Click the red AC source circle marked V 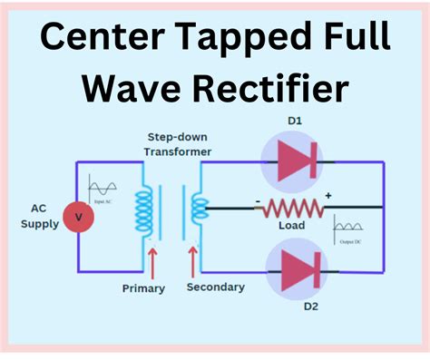78,218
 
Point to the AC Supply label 38,216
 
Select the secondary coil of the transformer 195,210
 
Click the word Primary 143,288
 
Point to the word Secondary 215,287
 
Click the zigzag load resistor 291,209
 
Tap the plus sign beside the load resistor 327,195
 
